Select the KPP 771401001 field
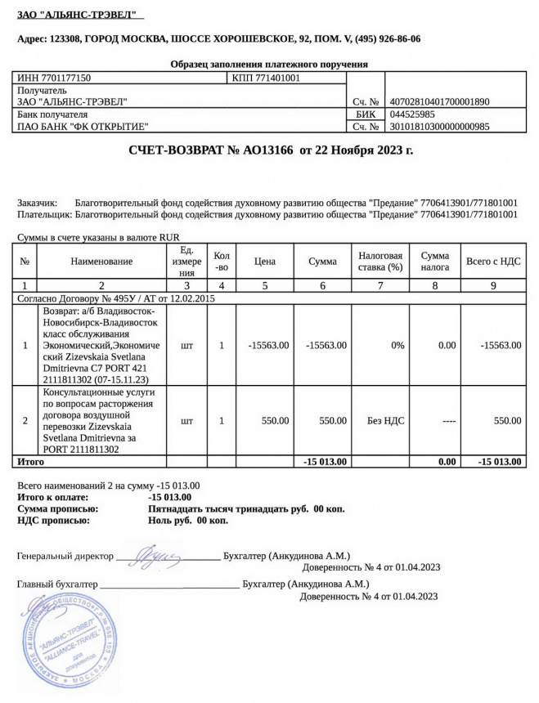coord(267,78)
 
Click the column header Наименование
coord(101,261)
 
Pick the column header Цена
coord(264,261)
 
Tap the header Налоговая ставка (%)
coord(380,261)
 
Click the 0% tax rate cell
coord(398,345)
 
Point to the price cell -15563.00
coord(267,345)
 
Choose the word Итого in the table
coord(31,462)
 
